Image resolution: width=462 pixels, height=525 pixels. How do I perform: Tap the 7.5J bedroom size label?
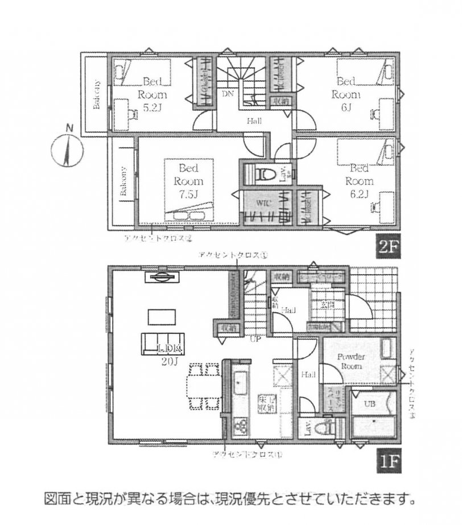pyautogui.click(x=188, y=195)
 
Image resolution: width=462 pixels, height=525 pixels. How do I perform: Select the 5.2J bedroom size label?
pyautogui.click(x=153, y=106)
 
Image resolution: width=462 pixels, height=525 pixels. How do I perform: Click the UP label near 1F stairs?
pyautogui.click(x=257, y=339)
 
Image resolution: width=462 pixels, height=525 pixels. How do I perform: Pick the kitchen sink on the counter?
pyautogui.click(x=239, y=384)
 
